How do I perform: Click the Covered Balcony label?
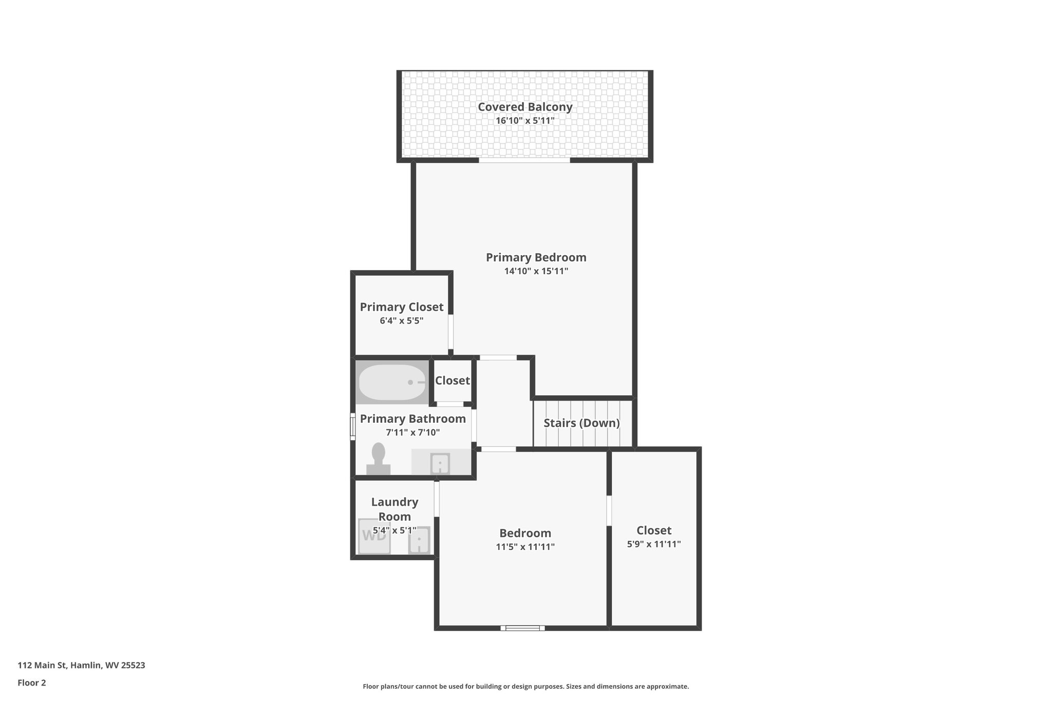[524, 107]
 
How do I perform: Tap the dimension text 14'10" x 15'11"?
[536, 271]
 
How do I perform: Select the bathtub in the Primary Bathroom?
[392, 383]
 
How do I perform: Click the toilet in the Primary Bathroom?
[379, 459]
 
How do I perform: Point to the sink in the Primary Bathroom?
[440, 464]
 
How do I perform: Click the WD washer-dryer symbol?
[373, 536]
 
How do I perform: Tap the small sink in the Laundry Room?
[419, 541]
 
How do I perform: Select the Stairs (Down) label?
[581, 423]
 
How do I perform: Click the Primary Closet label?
[401, 307]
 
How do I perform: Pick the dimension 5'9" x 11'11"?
[653, 544]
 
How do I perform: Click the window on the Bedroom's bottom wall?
[522, 628]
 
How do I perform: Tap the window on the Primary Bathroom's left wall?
[353, 427]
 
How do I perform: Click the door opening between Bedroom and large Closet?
[609, 510]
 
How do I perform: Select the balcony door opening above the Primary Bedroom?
[524, 161]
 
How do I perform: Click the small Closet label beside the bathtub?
[452, 381]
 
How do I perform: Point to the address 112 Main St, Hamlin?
[81, 666]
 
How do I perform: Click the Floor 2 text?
[31, 683]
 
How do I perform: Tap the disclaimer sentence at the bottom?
[525, 687]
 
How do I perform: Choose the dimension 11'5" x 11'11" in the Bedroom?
[525, 547]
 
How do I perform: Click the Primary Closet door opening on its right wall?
[450, 332]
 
